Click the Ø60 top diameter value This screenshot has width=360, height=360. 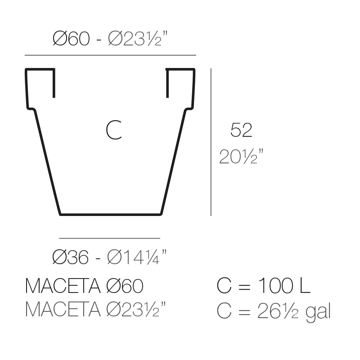pos(71,39)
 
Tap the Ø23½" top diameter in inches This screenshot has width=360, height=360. pos(138,38)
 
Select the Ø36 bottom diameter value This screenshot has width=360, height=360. pos(70,257)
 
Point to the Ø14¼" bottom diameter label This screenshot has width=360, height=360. pos(137,256)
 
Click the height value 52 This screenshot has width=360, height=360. pos(241,130)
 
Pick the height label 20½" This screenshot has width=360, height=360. pos(241,156)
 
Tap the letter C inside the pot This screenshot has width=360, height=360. pos(114,130)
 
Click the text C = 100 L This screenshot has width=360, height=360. pos(264,286)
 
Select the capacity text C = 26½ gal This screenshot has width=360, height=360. pos(274,311)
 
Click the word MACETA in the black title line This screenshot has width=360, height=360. pos(63,286)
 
